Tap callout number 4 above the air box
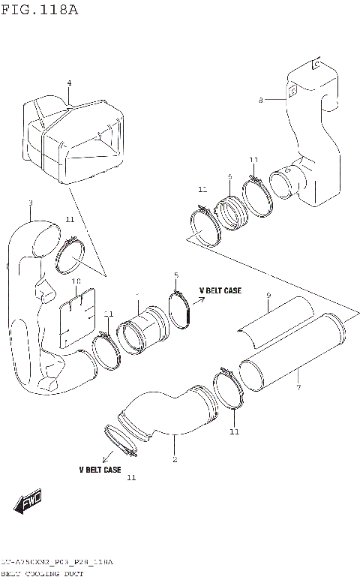[x=68, y=83]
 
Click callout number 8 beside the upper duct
[x=260, y=99]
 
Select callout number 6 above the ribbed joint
[x=229, y=177]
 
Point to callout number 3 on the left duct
[x=30, y=203]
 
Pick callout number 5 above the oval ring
[x=176, y=275]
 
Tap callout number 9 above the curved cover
[x=268, y=297]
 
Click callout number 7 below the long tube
[x=298, y=387]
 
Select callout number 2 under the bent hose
[x=174, y=459]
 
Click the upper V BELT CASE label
[x=220, y=290]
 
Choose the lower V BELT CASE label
[x=100, y=470]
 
